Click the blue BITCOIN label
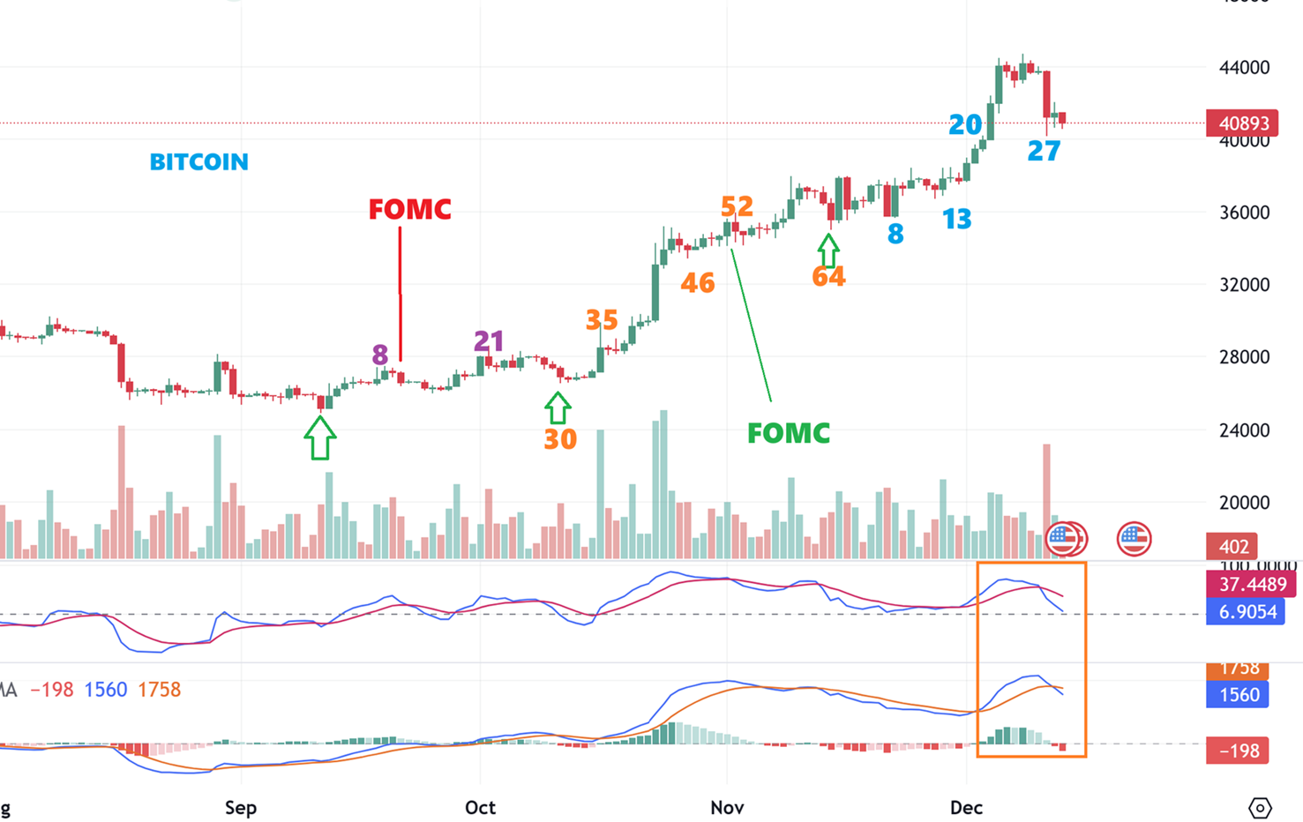198,162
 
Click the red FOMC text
409,210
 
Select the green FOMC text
788,433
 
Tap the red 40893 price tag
1243,123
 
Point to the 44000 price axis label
1243,68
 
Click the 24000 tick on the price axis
1243,430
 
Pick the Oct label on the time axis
480,808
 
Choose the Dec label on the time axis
966,808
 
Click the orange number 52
737,206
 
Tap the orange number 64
828,277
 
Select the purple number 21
489,340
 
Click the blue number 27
1044,152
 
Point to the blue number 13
956,219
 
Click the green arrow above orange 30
558,407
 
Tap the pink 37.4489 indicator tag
1252,585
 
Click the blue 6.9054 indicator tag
1246,612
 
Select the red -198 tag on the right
1238,751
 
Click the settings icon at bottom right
1260,808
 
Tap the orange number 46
697,283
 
